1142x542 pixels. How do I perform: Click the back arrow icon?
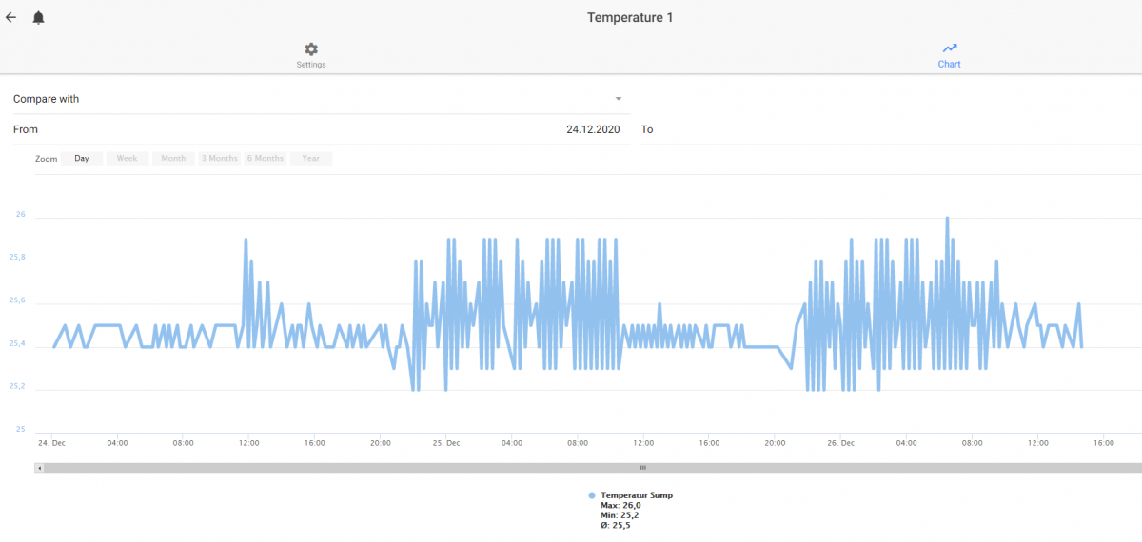point(11,18)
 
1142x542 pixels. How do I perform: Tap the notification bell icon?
point(38,18)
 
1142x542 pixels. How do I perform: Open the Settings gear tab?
point(311,55)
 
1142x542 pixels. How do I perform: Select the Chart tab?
point(950,55)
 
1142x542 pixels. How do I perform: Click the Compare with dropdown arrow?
point(618,99)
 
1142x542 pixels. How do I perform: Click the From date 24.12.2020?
point(593,129)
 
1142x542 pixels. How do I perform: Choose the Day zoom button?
point(82,159)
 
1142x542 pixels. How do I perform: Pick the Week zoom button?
point(127,159)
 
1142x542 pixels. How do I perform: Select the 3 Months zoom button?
point(219,159)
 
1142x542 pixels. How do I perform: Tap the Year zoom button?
point(311,159)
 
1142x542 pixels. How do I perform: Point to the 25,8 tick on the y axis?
point(17,257)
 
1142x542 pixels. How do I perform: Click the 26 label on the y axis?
point(20,214)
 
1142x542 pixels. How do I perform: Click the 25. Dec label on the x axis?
point(446,443)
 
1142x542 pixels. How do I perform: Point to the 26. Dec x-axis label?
point(840,443)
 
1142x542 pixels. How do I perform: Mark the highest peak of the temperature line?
point(947,218)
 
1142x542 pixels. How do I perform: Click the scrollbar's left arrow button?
point(39,468)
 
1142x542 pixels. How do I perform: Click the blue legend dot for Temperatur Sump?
point(591,495)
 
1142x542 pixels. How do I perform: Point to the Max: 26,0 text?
point(620,505)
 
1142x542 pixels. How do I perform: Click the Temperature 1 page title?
point(630,18)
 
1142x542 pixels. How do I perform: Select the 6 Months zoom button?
point(266,159)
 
